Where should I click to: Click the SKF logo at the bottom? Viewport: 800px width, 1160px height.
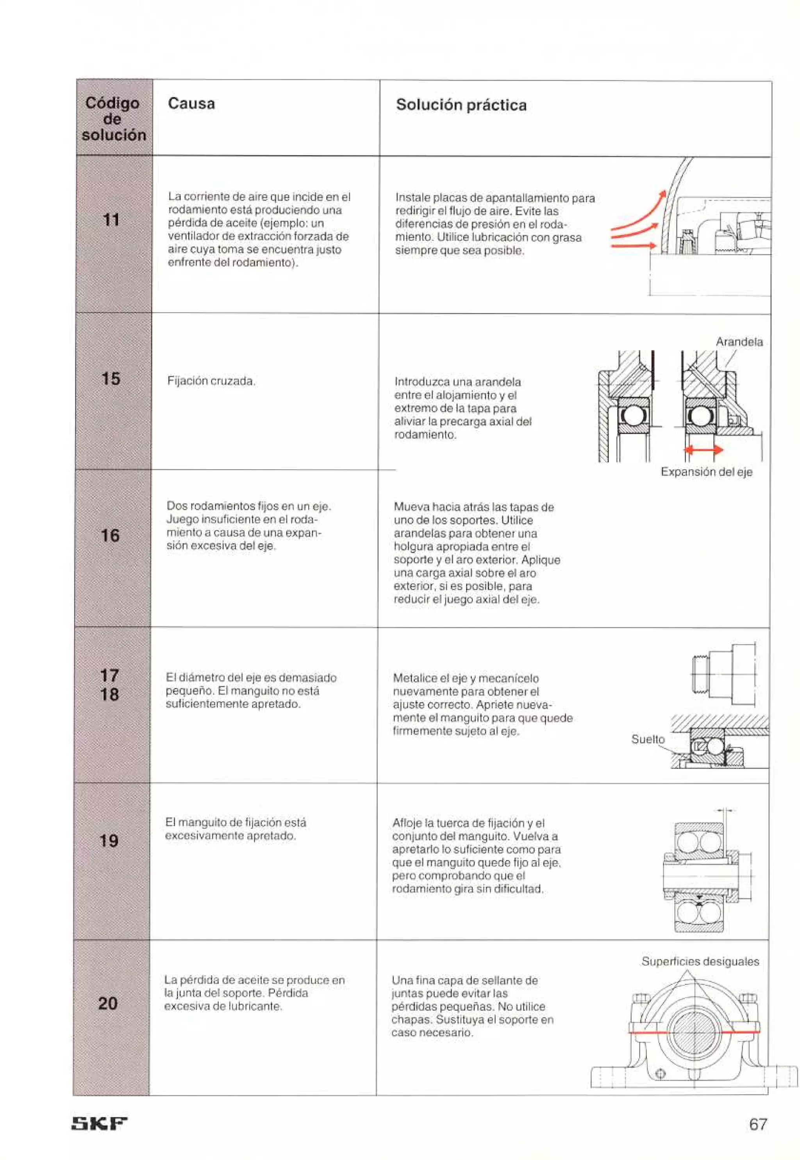click(100, 1123)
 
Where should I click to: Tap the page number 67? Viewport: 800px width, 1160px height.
click(758, 1124)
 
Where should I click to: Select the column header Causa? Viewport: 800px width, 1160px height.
click(191, 104)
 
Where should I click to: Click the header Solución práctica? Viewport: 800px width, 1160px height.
click(461, 105)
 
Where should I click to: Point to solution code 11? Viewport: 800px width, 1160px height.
click(111, 220)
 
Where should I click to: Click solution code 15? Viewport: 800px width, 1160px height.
click(111, 379)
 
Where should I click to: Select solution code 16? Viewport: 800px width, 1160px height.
click(110, 535)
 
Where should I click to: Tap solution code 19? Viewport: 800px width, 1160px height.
click(109, 841)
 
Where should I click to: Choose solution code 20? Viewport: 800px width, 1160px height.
click(108, 1003)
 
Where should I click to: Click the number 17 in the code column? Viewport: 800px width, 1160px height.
click(110, 675)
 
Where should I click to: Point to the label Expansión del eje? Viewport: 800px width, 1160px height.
click(706, 472)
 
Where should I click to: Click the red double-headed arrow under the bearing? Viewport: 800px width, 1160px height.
click(704, 450)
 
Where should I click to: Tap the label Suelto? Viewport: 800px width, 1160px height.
click(648, 740)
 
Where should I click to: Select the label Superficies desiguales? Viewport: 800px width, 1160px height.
click(700, 962)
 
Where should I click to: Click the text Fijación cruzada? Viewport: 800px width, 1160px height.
click(211, 381)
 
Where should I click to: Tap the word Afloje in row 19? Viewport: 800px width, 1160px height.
click(407, 823)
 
